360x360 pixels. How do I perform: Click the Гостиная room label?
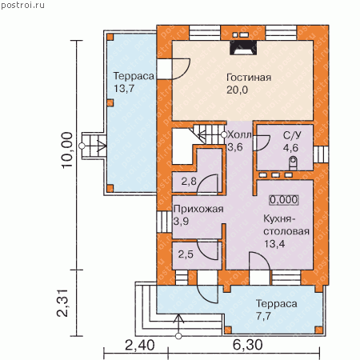pos(249,78)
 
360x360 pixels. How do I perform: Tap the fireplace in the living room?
pos(243,48)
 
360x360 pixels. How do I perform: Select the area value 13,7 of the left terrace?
pos(124,89)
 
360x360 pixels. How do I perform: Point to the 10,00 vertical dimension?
pos(67,150)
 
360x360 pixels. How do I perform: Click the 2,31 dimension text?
pos(63,303)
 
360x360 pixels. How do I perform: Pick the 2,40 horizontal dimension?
pos(139,346)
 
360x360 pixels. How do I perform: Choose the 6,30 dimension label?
pos(247,345)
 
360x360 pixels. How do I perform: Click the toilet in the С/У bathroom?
pos(293,163)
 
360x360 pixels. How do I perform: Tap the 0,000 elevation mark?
pos(283,200)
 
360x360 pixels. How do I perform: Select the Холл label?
pos(239,135)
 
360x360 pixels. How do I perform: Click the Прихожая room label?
pos(198,209)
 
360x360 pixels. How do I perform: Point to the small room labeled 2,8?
pos(189,182)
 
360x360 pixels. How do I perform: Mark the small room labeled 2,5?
pos(186,254)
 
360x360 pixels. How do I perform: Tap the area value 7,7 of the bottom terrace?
pos(263,316)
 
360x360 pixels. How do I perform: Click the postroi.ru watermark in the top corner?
pos(22,5)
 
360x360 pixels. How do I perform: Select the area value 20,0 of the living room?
pos(237,90)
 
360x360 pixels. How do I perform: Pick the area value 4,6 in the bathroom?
pos(290,148)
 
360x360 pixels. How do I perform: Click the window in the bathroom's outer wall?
pos(321,154)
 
